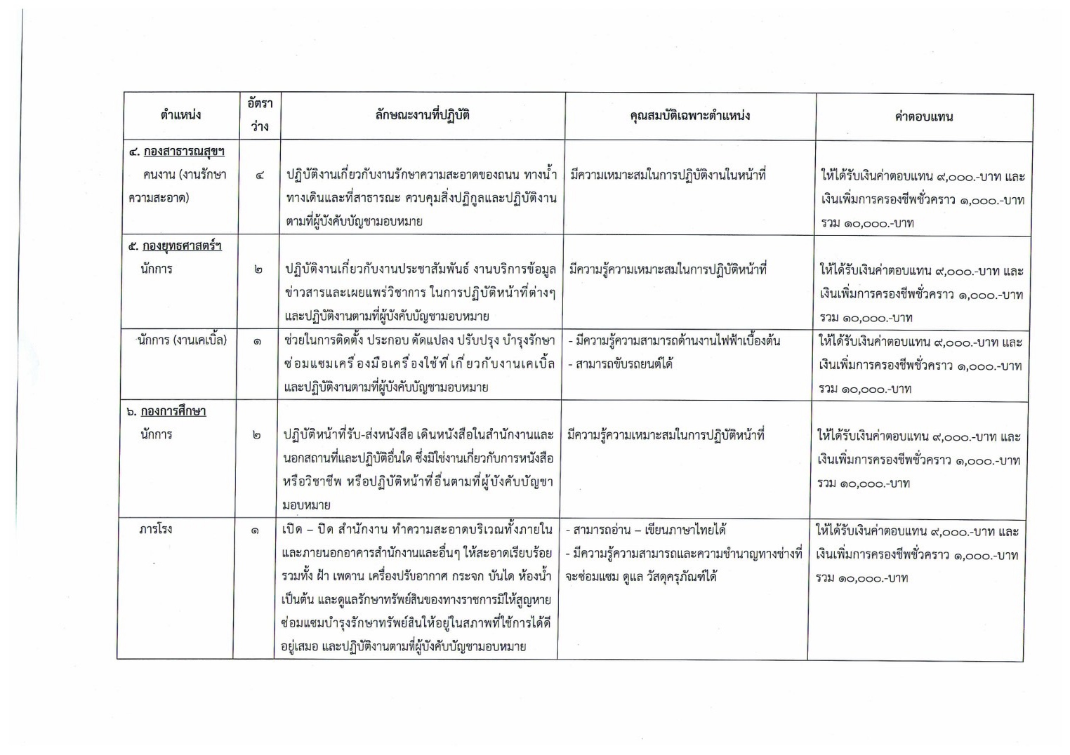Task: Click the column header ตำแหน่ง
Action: click(180, 115)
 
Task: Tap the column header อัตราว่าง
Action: click(260, 115)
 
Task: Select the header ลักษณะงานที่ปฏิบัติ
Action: click(423, 115)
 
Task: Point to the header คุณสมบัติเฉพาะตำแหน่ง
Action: click(689, 116)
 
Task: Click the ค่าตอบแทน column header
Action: click(923, 116)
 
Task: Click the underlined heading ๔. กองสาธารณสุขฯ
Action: click(177, 152)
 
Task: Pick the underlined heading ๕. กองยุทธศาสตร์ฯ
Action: click(175, 246)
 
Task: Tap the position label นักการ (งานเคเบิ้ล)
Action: click(183, 341)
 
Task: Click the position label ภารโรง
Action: click(155, 529)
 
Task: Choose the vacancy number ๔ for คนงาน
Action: click(260, 175)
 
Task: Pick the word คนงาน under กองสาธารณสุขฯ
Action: click(158, 175)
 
